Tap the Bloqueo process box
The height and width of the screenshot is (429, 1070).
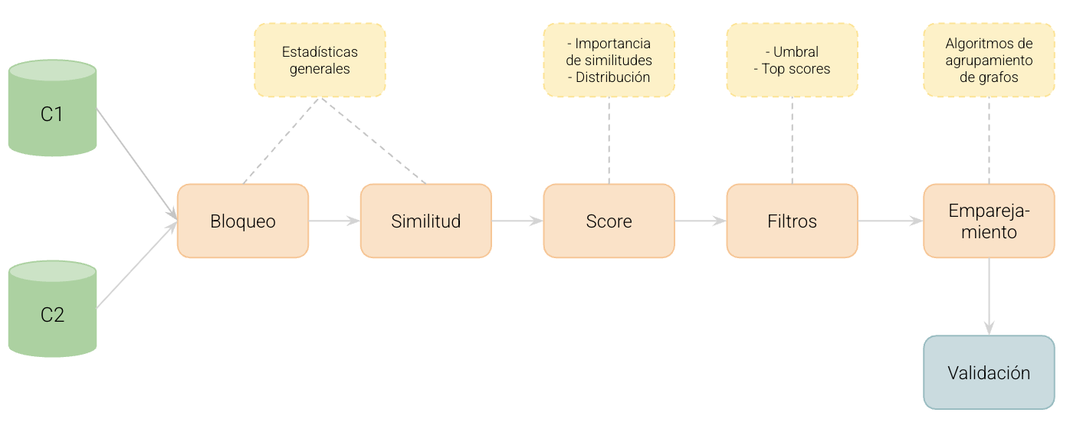click(243, 221)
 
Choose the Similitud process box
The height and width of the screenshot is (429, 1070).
click(426, 221)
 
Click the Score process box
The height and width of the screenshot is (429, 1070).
click(609, 221)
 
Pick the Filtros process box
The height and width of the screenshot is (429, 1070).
click(793, 221)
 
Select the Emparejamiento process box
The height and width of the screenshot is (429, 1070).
click(989, 221)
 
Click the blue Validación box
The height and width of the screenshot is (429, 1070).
click(989, 372)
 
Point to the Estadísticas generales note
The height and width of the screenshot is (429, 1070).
click(320, 60)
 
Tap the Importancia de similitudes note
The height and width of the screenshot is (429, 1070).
click(609, 60)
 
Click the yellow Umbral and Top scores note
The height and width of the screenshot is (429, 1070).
click(793, 60)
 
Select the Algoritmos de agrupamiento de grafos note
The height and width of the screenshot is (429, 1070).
click(989, 60)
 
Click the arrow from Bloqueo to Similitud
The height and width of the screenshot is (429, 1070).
click(334, 221)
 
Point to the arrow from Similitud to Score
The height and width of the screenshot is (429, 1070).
click(517, 221)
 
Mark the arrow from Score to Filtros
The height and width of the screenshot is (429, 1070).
click(701, 221)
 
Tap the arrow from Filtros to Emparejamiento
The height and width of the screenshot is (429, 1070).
click(891, 221)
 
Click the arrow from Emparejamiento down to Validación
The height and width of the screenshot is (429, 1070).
click(989, 296)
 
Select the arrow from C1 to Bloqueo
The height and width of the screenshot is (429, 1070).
click(136, 165)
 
